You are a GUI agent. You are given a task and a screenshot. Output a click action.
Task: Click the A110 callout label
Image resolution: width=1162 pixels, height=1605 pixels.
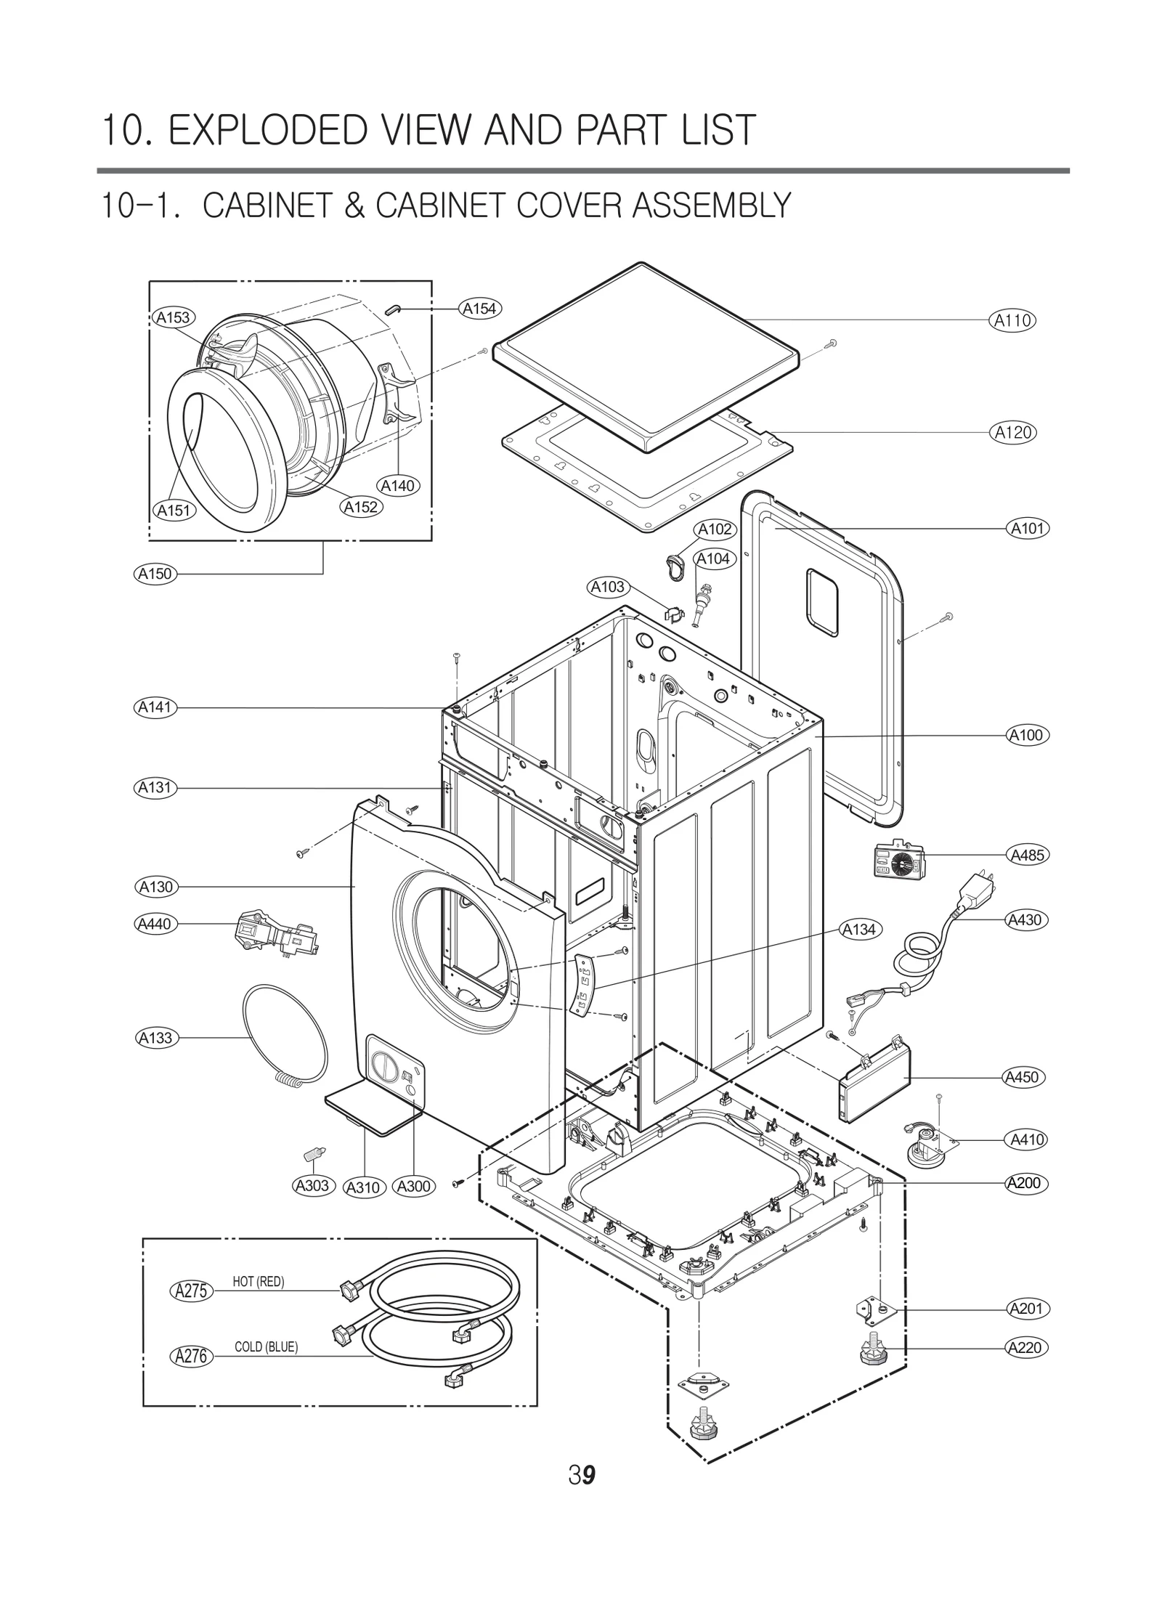[1012, 320]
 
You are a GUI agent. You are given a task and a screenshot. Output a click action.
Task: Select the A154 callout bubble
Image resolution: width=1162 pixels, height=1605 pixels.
[479, 309]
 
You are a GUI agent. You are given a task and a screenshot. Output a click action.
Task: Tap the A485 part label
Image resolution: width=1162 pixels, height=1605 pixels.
[1028, 855]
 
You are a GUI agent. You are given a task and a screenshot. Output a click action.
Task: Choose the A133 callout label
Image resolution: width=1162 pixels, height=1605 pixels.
[155, 1038]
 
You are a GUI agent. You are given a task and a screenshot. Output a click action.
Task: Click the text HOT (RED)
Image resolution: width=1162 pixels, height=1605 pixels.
[258, 1282]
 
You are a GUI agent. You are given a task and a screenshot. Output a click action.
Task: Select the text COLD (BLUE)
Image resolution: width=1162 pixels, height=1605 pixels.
[266, 1347]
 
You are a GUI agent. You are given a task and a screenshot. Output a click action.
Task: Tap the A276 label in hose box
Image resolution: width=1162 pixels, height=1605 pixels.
[192, 1355]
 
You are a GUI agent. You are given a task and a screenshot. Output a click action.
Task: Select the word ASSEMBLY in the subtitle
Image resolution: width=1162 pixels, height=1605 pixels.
[711, 206]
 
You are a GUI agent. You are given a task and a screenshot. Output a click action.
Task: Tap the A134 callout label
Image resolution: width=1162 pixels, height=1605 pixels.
[859, 930]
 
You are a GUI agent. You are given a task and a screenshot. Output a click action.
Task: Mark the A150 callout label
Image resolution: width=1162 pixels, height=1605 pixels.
[155, 574]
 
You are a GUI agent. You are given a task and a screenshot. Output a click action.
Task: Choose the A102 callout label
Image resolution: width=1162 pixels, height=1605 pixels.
[715, 529]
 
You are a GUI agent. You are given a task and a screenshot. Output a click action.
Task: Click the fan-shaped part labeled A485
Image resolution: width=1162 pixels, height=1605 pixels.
[901, 863]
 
